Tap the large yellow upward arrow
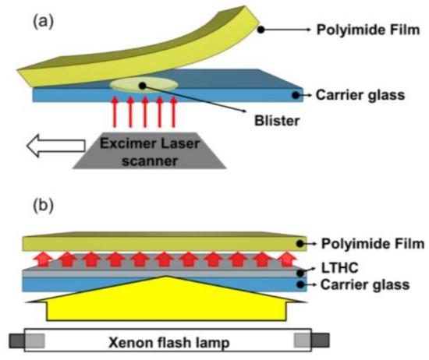[167, 300]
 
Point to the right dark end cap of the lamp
[320, 341]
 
